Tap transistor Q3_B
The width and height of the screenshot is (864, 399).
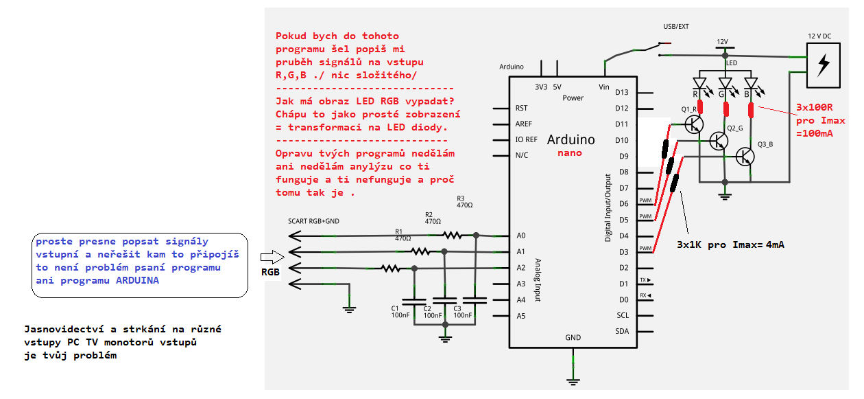[745, 157]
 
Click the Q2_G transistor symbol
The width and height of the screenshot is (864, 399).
[719, 140]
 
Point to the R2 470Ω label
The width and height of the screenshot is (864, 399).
[433, 218]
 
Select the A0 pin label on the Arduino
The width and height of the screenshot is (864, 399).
[522, 235]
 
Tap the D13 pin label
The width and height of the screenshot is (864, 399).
[622, 92]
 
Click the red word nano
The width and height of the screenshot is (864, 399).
[570, 153]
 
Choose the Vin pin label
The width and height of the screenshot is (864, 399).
[604, 87]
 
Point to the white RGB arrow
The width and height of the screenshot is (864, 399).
[272, 258]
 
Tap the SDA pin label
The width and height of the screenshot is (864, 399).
[623, 331]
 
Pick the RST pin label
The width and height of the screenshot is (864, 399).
[521, 108]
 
